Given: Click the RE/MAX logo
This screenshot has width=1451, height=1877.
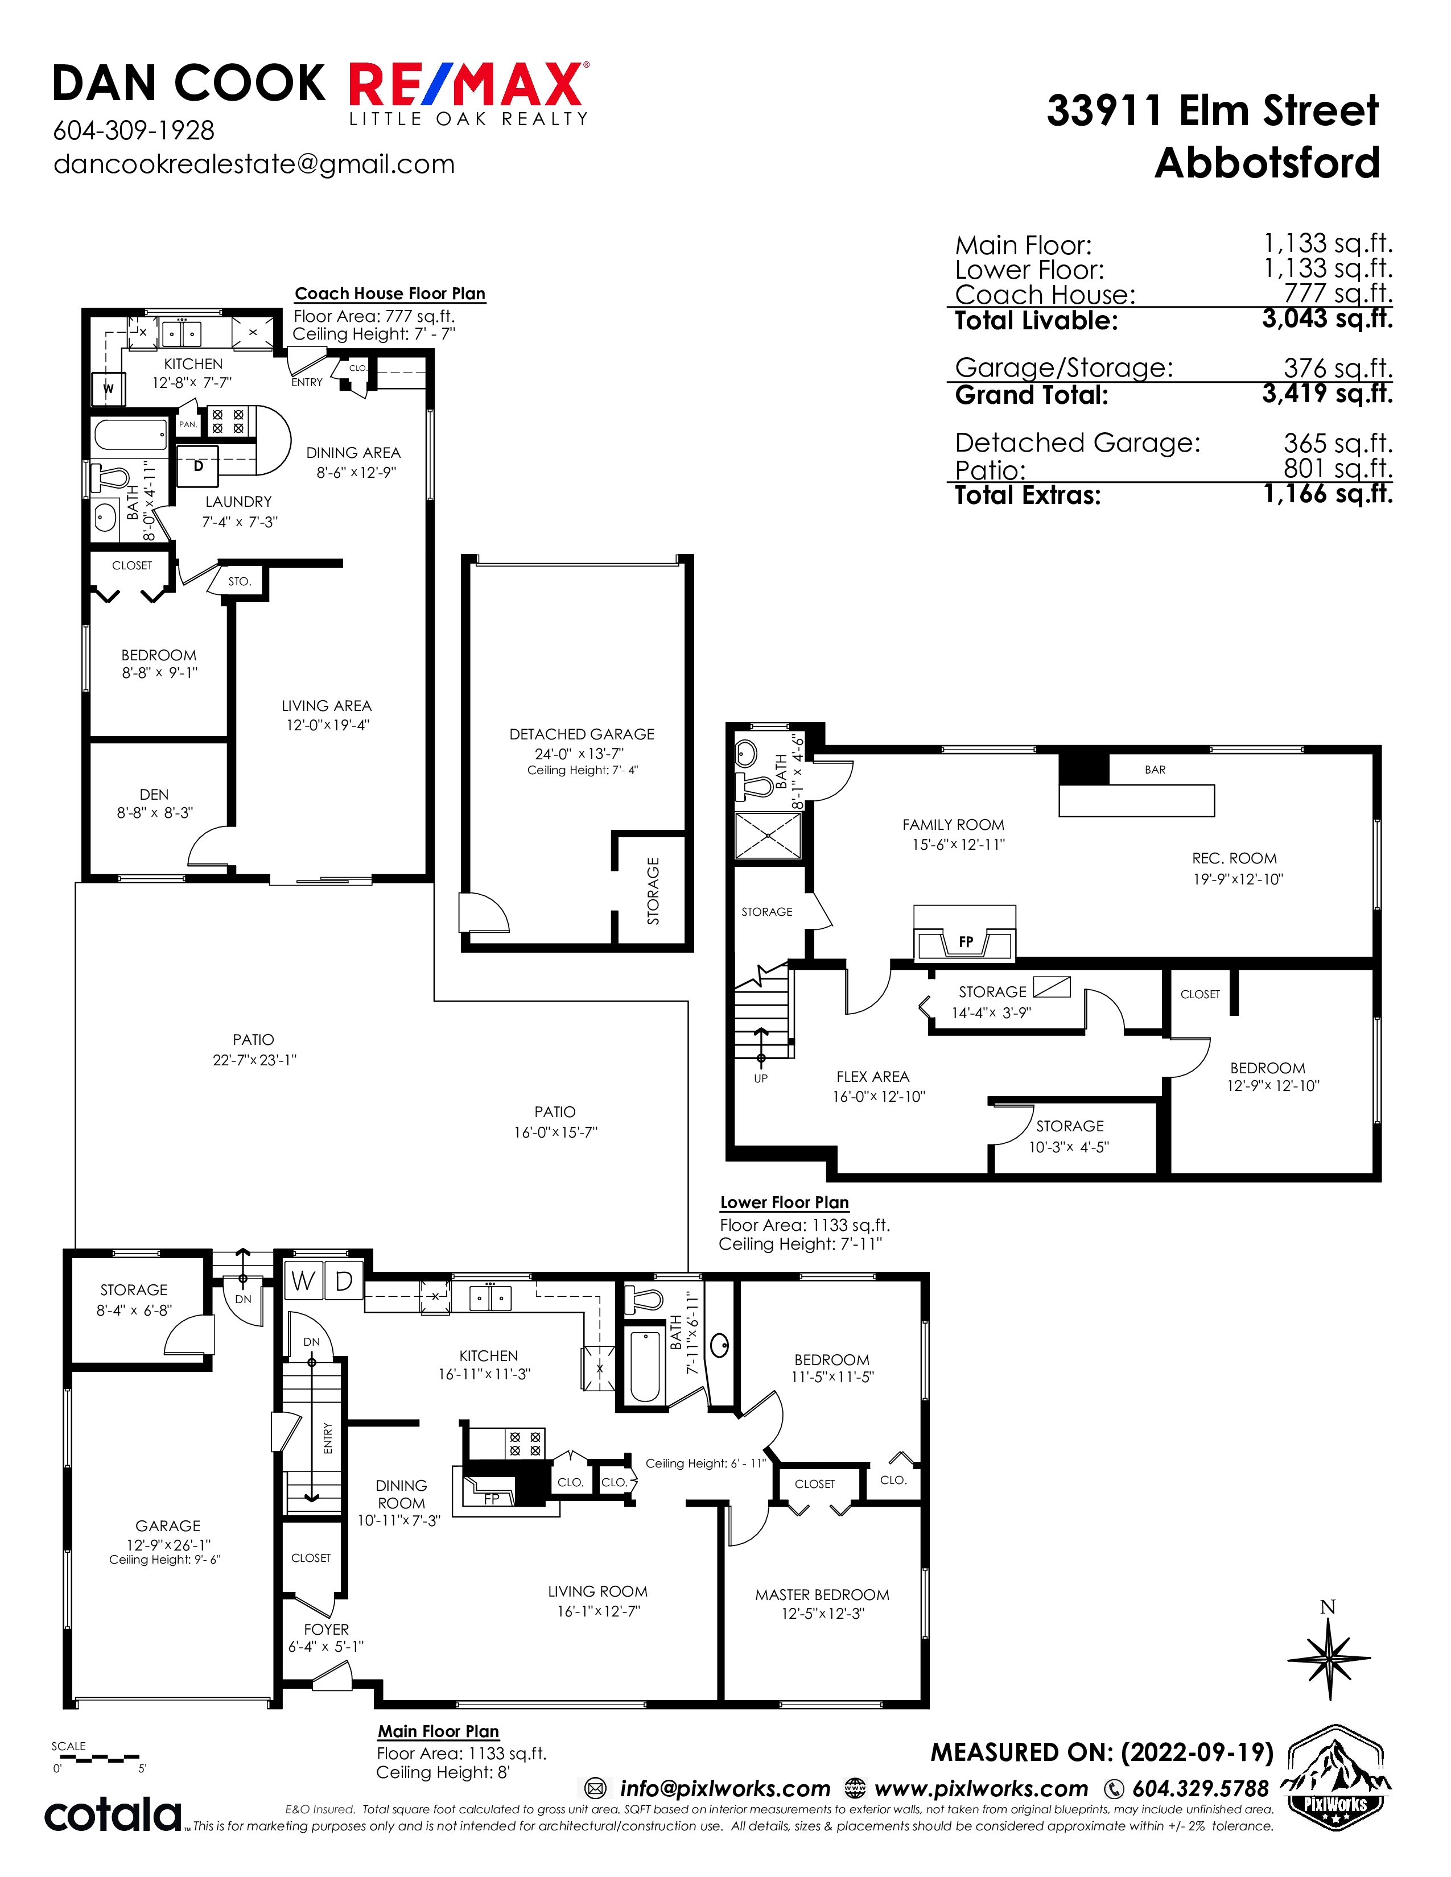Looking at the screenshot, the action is [468, 93].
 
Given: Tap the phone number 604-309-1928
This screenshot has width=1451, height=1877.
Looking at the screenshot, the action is [134, 131].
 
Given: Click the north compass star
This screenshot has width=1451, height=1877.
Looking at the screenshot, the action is [1329, 1658].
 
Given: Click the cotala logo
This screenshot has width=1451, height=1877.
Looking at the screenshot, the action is [113, 1814].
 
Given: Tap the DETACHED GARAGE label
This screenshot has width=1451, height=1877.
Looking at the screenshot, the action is [582, 734].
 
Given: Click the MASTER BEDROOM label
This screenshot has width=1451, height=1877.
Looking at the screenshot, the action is [822, 1595].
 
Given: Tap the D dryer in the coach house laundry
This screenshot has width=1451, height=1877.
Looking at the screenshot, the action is [197, 466].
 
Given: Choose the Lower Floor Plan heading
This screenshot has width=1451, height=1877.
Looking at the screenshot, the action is [785, 1202].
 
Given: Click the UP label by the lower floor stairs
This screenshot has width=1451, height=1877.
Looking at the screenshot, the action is [761, 1078].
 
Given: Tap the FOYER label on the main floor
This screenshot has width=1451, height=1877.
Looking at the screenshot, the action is [327, 1630].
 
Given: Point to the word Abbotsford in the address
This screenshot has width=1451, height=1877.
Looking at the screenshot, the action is [1267, 163].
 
